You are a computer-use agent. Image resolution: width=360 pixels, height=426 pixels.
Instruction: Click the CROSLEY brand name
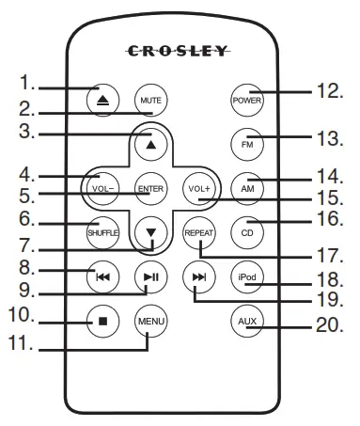(180, 52)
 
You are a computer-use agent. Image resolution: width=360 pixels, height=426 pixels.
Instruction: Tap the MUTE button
(149, 100)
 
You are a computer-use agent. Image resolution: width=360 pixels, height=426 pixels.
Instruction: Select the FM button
(246, 145)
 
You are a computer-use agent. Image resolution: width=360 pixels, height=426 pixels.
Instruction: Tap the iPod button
(246, 276)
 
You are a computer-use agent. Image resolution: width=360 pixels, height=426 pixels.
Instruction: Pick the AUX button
(246, 321)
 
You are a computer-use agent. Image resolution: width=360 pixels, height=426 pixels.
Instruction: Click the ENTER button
(149, 188)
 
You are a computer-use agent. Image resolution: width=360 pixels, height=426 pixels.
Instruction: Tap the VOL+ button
(197, 188)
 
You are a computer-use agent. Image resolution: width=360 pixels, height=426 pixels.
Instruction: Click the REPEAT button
(197, 231)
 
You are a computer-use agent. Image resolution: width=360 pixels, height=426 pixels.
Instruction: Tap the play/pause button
(149, 276)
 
